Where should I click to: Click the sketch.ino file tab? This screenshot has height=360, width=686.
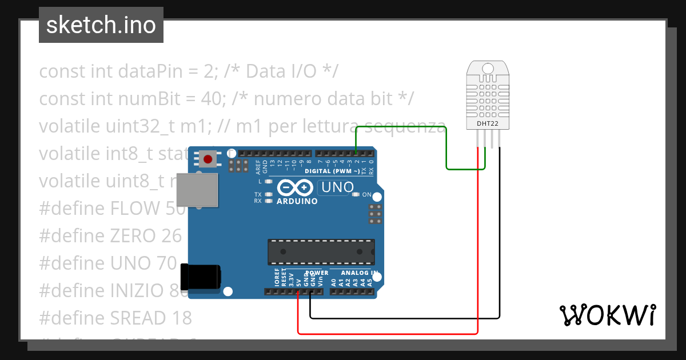click(101, 25)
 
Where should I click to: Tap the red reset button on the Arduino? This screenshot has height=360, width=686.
click(208, 159)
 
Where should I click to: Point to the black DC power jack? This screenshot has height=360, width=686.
click(200, 277)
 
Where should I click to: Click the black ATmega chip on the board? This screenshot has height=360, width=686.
click(321, 253)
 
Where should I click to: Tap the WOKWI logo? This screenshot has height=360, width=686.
click(608, 315)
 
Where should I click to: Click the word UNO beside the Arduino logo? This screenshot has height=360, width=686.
click(338, 187)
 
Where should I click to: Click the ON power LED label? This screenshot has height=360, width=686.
click(367, 194)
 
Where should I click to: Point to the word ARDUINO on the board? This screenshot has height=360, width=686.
click(297, 201)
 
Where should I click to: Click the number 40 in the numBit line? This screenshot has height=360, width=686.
click(214, 98)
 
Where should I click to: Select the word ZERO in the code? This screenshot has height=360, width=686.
click(132, 235)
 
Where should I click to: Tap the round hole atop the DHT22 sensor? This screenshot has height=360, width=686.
click(487, 69)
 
